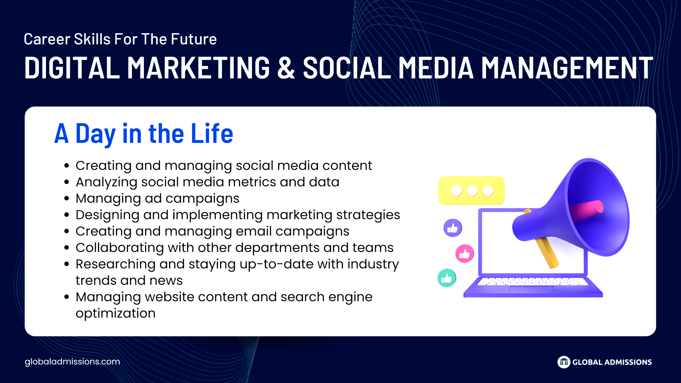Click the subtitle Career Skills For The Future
pyautogui.click(x=120, y=39)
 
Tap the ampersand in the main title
pyautogui.click(x=286, y=67)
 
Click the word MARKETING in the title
pyautogui.click(x=198, y=67)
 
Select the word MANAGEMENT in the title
pyautogui.click(x=567, y=67)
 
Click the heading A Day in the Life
pyautogui.click(x=144, y=133)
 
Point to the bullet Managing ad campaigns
pyautogui.click(x=157, y=198)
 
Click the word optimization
pyautogui.click(x=115, y=313)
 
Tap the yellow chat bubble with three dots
pyautogui.click(x=471, y=191)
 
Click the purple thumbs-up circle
pyautogui.click(x=453, y=228)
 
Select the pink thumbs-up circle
pyautogui.click(x=464, y=254)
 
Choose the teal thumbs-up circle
pyautogui.click(x=446, y=278)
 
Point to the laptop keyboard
pyautogui.click(x=532, y=281)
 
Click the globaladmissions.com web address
pyautogui.click(x=72, y=362)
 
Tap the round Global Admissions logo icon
pyautogui.click(x=564, y=362)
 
